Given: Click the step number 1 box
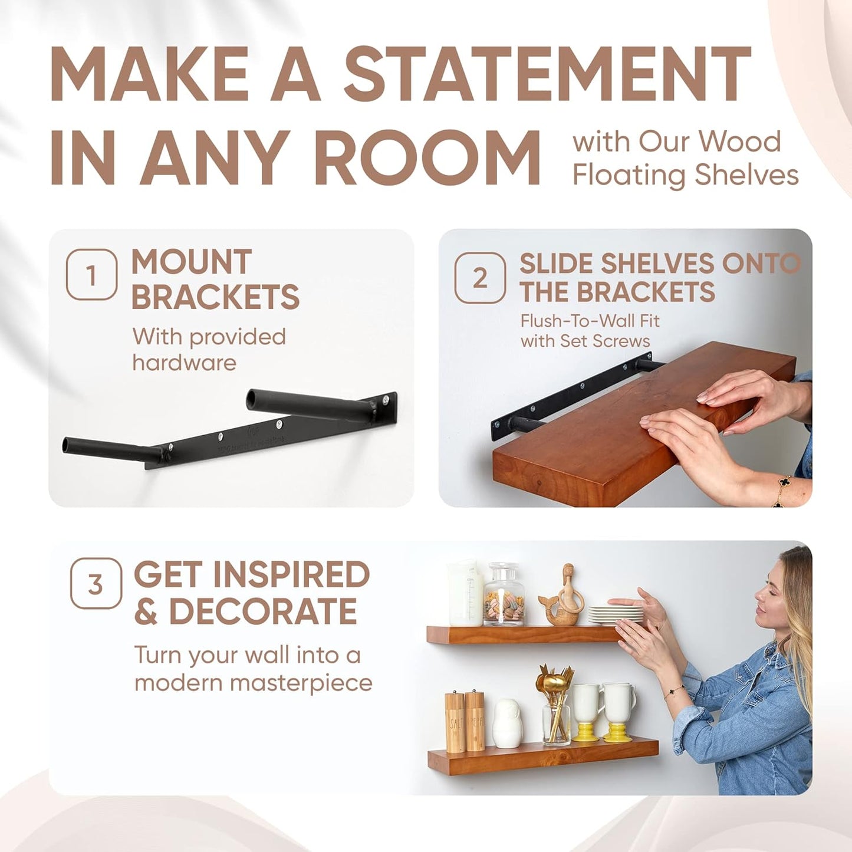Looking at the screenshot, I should [91, 275].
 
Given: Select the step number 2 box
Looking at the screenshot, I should [480, 278].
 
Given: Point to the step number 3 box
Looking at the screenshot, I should [96, 584].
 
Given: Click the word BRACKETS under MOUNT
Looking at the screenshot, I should [215, 297].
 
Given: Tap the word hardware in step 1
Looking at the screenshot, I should [184, 363].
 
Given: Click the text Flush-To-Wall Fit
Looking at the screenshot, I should [590, 321].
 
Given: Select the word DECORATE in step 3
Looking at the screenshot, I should [263, 611].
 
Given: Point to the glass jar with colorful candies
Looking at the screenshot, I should [503, 596].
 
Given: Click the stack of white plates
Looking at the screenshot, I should [615, 615].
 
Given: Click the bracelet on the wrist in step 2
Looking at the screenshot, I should [782, 489].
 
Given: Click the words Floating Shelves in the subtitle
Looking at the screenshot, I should [685, 175].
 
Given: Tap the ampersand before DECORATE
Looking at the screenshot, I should [146, 613].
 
